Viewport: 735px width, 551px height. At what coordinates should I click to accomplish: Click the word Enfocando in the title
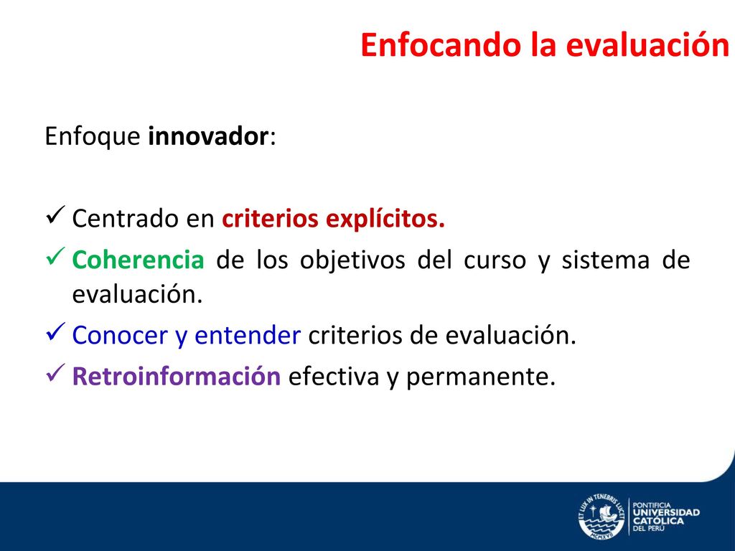(441, 45)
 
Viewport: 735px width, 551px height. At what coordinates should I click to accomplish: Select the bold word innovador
(208, 136)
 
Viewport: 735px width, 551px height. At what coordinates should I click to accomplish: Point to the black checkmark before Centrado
(55, 215)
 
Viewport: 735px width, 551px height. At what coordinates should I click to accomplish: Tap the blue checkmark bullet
(55, 331)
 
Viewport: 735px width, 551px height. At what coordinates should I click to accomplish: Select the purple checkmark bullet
(55, 372)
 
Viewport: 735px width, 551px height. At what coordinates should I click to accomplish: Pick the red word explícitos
(385, 220)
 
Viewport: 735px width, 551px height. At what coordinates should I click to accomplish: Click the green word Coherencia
(139, 260)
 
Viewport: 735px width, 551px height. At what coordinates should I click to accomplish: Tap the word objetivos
(352, 260)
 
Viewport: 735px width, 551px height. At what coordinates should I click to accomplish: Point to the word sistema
(606, 260)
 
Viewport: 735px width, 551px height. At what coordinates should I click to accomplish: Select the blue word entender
(248, 336)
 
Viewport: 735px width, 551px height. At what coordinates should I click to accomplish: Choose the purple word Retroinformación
(177, 376)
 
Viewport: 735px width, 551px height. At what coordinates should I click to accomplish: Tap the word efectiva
(334, 376)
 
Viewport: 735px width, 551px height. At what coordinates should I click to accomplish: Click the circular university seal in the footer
(601, 517)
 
